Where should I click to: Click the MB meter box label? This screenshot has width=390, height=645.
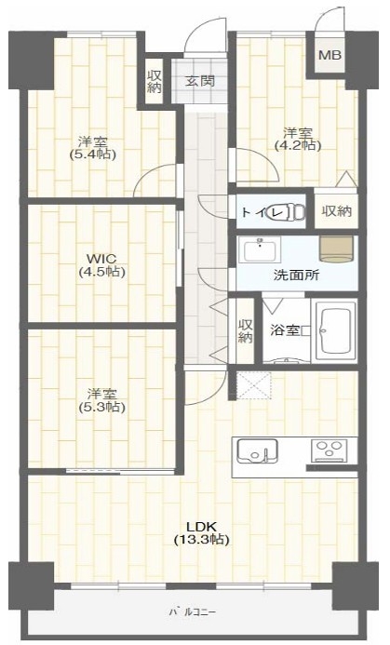(x=329, y=55)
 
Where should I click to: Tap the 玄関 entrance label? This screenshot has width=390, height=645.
(x=199, y=81)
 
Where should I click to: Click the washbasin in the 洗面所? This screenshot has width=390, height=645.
(x=260, y=249)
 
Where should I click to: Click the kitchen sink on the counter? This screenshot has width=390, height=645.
(x=257, y=451)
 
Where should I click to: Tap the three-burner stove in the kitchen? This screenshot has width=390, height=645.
(x=329, y=450)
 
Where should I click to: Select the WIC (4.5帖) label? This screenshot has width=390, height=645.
(x=101, y=265)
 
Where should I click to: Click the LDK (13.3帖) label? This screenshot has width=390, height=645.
(x=201, y=532)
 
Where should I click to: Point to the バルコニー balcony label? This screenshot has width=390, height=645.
(x=192, y=611)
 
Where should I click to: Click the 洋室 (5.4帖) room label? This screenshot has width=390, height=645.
(x=93, y=148)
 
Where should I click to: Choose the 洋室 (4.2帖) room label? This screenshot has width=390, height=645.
(x=298, y=139)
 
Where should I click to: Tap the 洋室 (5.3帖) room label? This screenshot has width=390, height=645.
(x=101, y=400)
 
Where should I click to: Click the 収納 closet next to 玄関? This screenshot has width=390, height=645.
(x=155, y=82)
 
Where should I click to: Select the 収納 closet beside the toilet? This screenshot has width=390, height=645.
(x=337, y=211)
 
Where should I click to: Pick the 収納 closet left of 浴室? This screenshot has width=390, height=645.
(x=245, y=331)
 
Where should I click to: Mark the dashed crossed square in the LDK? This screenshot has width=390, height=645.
(x=254, y=385)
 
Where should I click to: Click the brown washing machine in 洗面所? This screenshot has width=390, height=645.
(x=337, y=249)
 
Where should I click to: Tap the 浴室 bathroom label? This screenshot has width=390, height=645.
(x=284, y=330)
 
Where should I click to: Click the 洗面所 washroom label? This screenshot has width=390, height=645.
(x=297, y=275)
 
